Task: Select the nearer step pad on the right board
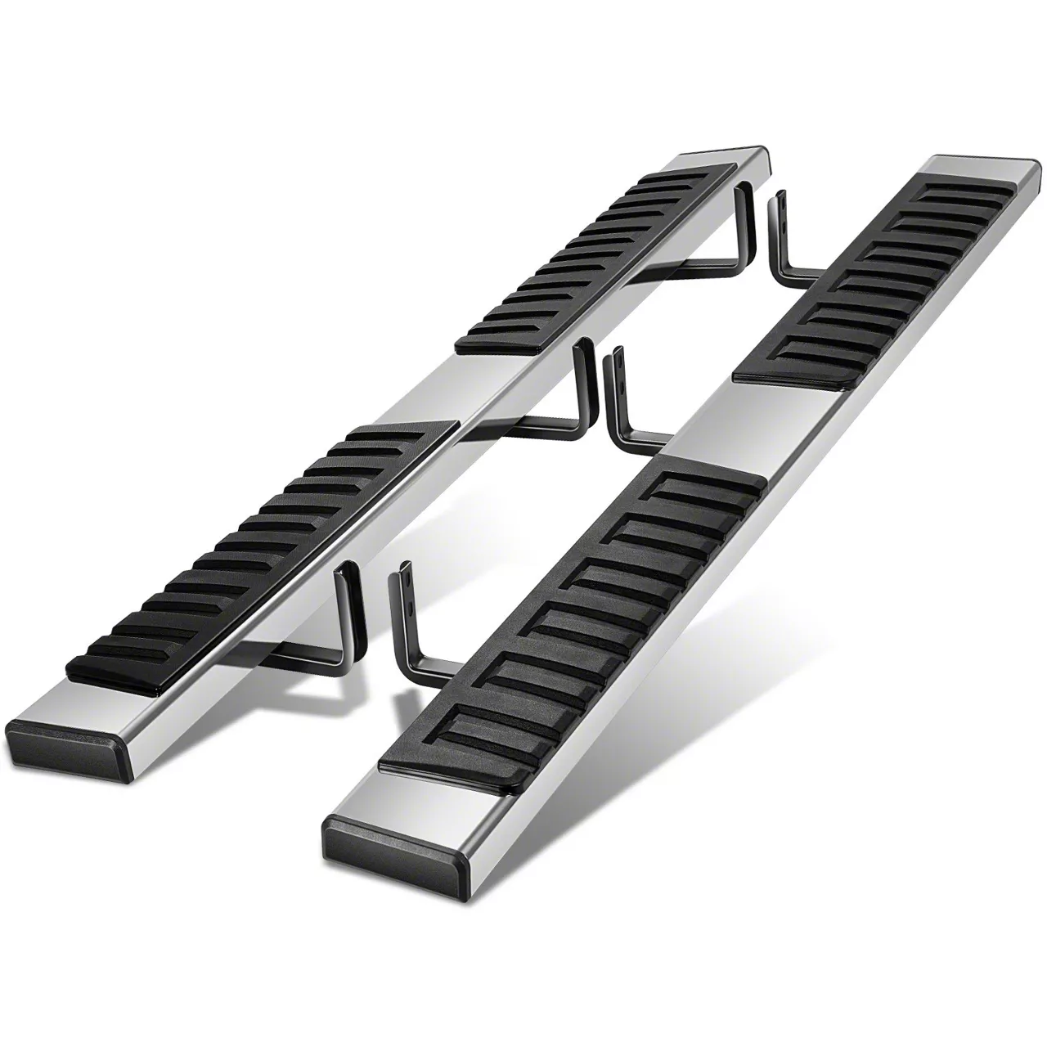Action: [x=573, y=622]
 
